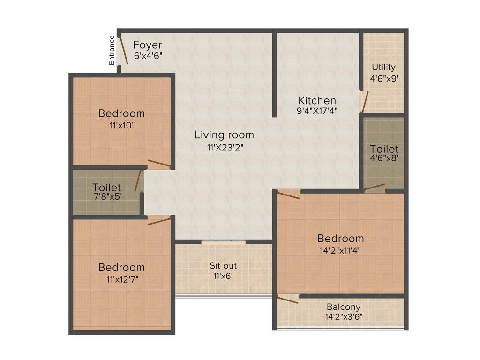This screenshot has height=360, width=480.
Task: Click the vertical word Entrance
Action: click(112, 50)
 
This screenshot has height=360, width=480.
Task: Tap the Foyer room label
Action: click(147, 45)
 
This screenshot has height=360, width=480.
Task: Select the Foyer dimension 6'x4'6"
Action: click(148, 55)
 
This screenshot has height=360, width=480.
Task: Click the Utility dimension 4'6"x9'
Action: click(384, 79)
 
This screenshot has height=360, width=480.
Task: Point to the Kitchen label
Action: click(317, 100)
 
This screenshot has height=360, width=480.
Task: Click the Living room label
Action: click(224, 135)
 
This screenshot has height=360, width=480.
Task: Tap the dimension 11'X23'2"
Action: click(224, 147)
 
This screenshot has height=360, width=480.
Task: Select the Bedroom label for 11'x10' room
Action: click(121, 113)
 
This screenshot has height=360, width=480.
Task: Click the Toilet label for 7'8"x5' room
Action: click(106, 187)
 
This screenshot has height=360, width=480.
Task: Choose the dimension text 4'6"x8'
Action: click(384, 158)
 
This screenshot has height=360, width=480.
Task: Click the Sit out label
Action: click(223, 266)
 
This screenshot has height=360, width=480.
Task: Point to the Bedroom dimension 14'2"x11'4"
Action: click(340, 250)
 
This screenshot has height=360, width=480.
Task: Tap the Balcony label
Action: click(344, 307)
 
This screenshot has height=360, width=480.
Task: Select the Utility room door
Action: click(364, 102)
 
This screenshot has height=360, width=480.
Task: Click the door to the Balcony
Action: click(287, 299)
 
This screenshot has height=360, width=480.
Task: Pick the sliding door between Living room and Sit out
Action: click(224, 242)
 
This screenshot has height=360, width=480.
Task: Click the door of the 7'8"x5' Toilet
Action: click(138, 181)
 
